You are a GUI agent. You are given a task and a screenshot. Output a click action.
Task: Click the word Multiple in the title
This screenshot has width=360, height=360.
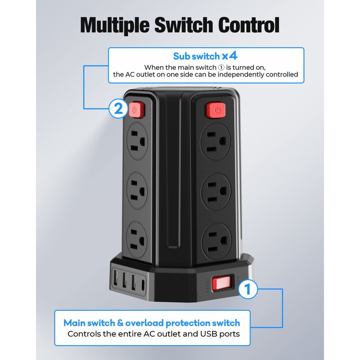115,25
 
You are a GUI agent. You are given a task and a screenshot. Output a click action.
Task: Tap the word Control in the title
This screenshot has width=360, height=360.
249,25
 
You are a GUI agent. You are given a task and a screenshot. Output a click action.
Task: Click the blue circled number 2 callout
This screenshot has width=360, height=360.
118,108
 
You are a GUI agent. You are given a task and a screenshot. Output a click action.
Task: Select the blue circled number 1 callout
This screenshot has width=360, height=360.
247,289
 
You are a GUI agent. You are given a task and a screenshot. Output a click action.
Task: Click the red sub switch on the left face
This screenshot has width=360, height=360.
136,110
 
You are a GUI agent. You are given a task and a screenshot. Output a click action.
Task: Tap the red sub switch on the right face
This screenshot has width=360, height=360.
216,110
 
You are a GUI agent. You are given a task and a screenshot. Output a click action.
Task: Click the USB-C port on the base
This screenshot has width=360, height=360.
143,284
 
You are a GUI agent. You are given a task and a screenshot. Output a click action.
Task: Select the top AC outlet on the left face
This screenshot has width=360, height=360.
137,141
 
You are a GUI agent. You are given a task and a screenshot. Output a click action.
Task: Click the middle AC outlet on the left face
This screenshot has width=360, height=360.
137,190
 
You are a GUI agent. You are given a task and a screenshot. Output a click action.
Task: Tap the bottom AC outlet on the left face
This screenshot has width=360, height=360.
137,240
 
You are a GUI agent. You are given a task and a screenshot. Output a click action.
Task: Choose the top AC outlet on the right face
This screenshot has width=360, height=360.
215,141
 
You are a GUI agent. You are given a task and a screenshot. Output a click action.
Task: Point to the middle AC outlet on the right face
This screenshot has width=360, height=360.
216,192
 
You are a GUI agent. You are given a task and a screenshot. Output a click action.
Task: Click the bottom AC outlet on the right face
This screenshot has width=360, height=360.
216,242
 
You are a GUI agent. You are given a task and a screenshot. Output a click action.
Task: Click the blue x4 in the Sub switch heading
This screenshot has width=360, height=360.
229,56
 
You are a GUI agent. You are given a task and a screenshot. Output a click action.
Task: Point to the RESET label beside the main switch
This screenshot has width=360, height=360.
207,285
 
